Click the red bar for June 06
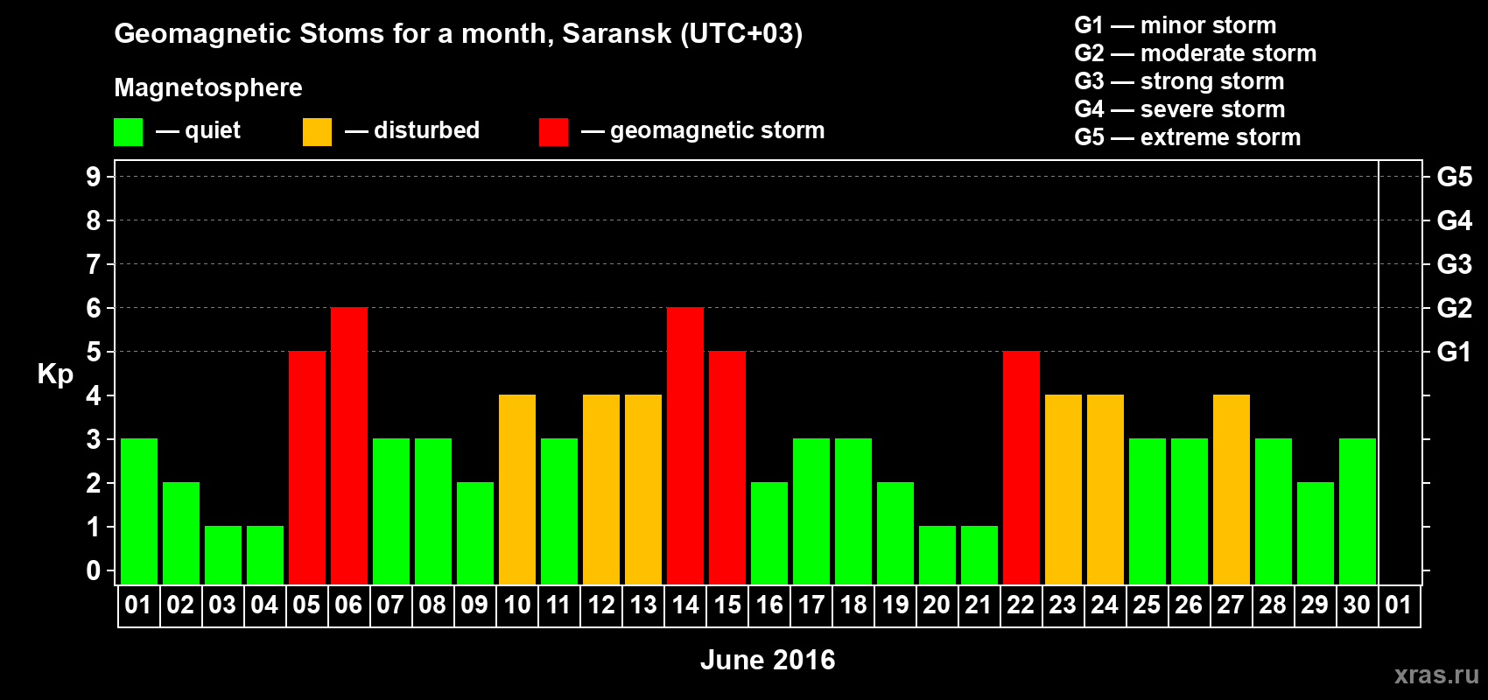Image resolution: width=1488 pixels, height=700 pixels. (x=348, y=445)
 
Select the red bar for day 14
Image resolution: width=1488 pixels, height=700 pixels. (x=684, y=445)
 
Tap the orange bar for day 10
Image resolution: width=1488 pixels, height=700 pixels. (x=516, y=489)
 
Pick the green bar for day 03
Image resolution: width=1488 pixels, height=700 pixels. (x=223, y=556)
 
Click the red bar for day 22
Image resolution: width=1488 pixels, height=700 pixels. (x=1021, y=467)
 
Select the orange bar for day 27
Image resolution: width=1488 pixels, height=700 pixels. (x=1231, y=489)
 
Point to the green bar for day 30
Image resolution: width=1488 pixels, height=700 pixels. (x=1357, y=511)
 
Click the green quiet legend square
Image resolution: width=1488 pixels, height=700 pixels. (x=128, y=131)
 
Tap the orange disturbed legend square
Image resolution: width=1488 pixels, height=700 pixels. (x=317, y=131)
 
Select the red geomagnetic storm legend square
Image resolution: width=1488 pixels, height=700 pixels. (x=553, y=131)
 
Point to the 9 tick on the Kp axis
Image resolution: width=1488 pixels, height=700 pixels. (x=93, y=177)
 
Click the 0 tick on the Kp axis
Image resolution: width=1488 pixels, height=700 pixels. (x=93, y=570)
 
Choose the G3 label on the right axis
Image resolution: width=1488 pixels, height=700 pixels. (x=1454, y=264)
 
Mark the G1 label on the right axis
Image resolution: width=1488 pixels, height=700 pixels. (x=1454, y=352)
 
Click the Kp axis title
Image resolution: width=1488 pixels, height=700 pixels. (x=55, y=374)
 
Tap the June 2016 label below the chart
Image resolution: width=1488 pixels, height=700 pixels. (x=768, y=660)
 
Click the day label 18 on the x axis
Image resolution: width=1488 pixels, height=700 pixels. (x=853, y=605)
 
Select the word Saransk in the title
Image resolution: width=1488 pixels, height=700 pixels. (x=616, y=33)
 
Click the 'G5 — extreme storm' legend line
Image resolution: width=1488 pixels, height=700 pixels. (x=1187, y=137)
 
